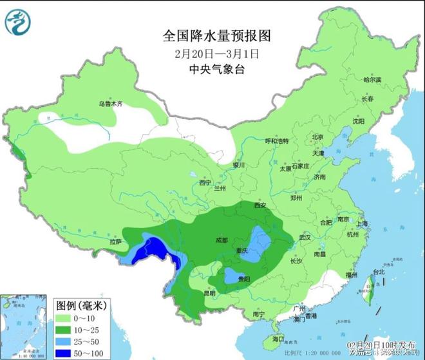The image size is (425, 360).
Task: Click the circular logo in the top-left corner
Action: [18, 23]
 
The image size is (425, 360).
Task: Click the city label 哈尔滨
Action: [372, 80]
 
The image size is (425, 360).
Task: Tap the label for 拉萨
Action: [115, 242]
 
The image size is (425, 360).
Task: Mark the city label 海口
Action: [278, 338]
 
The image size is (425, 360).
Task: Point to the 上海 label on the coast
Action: [361, 223]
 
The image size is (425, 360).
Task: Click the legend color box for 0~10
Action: [67, 317]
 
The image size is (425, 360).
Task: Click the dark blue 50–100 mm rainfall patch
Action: [153, 249]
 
